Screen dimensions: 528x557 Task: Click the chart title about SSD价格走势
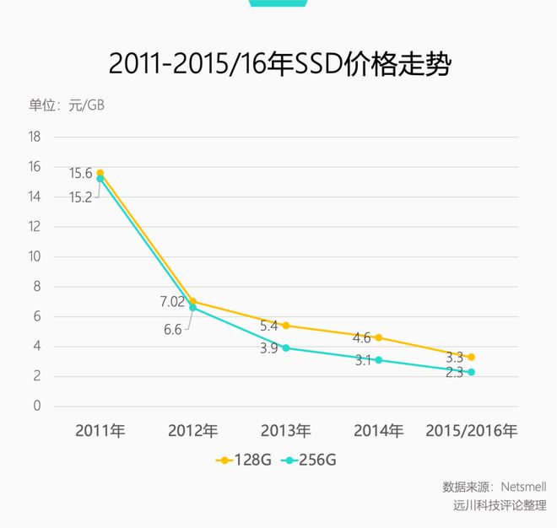[279, 65]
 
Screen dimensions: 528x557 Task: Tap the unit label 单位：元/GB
[67, 105]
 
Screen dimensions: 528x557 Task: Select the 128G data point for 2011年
[100, 173]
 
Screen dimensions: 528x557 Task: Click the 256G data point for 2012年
[192, 308]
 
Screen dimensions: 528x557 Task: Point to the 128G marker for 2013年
[285, 326]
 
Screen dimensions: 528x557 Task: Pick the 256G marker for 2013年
[285, 348]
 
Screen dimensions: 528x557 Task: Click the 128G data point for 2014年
[378, 337]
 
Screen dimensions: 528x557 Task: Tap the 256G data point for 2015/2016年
[471, 372]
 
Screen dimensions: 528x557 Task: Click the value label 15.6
[81, 173]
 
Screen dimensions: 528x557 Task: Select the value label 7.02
[173, 300]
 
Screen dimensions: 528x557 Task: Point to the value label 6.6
[172, 330]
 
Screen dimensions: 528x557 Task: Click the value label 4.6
[362, 337]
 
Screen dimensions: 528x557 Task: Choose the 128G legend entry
[244, 461]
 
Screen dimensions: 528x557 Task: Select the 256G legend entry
[310, 461]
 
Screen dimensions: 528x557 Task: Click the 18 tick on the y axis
[35, 137]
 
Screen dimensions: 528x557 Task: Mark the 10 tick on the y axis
[35, 256]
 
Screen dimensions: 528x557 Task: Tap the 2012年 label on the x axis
[192, 431]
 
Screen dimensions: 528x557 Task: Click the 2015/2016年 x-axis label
[470, 431]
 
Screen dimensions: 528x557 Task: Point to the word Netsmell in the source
[523, 488]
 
